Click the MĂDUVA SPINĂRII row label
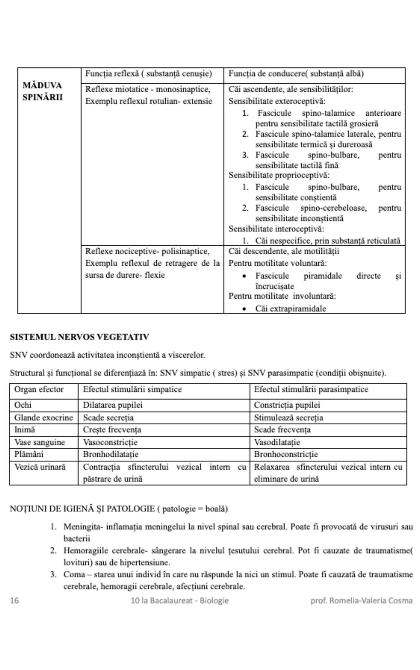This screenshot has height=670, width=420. pos(42,91)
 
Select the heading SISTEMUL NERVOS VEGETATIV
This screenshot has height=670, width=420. pos(79,337)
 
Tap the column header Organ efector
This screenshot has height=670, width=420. pos(39,389)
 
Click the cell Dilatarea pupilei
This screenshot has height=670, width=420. pos(113,405)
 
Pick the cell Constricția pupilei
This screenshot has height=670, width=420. pos(287,405)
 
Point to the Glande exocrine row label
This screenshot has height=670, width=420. pos(43,417)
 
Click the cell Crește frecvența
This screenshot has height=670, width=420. pos(112,430)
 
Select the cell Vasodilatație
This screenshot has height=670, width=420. pos(277,442)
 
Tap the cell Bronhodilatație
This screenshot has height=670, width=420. pos(111,454)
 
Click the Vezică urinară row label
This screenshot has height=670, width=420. pos(40,467)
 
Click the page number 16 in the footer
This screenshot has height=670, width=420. pos(14,601)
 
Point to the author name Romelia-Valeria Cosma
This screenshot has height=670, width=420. pos(371,601)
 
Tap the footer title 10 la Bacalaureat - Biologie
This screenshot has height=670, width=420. pos(180,601)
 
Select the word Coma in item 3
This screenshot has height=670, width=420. pos(72,574)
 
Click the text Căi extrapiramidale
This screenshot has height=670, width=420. pos(290,308)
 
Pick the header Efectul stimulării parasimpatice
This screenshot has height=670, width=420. pos(311,389)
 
